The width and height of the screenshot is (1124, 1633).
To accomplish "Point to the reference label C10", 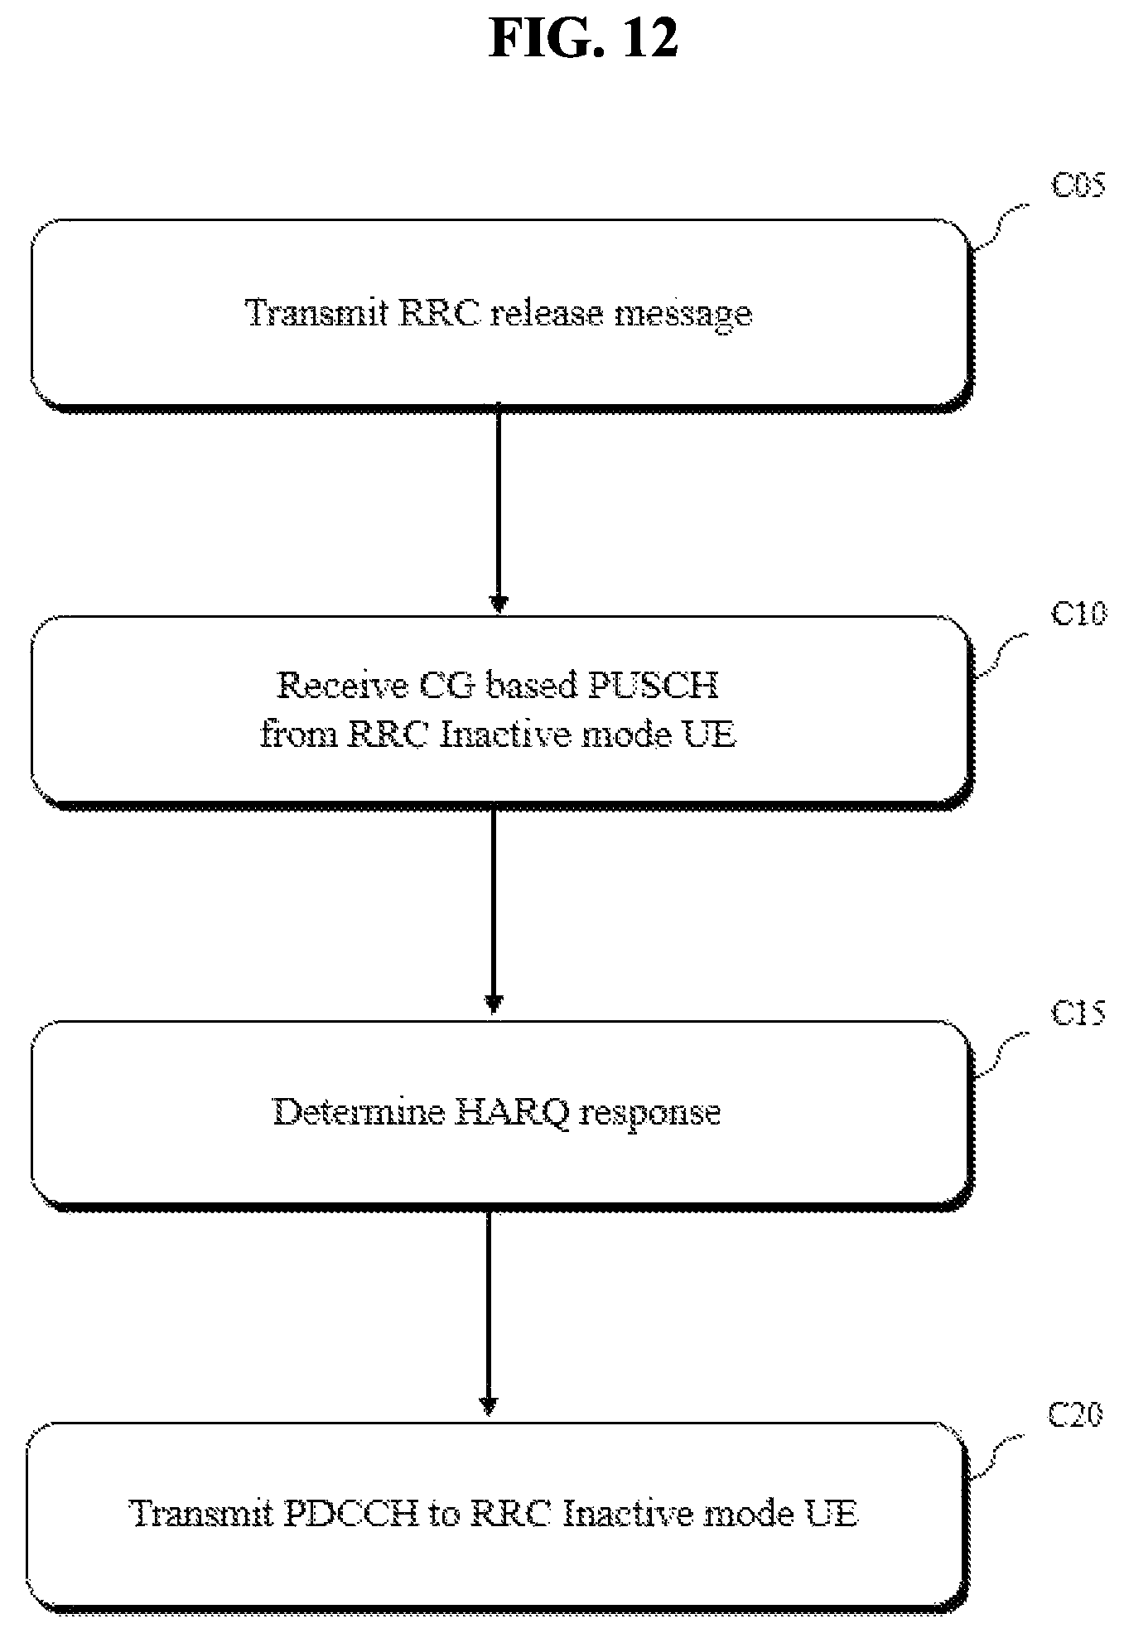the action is pyautogui.click(x=1078, y=614).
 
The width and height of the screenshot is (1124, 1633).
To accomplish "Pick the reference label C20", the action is pyautogui.click(x=1076, y=1415).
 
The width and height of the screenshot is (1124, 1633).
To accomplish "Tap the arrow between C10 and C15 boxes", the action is pyautogui.click(x=494, y=909).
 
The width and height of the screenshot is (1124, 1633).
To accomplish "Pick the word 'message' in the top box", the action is pyautogui.click(x=681, y=316).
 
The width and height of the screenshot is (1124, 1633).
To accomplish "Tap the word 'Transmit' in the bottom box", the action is pyautogui.click(x=202, y=1514).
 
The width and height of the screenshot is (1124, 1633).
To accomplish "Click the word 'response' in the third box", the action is pyautogui.click(x=649, y=1114).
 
